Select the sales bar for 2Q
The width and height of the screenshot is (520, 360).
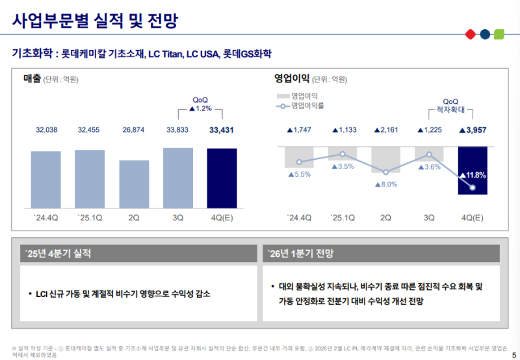click(134, 183)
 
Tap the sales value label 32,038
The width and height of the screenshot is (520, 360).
click(47, 130)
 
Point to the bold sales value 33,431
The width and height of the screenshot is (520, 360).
click(222, 130)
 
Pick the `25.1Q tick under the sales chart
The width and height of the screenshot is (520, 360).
click(90, 217)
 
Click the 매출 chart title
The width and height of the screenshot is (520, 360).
click(32, 79)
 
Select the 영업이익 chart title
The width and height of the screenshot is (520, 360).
click(292, 79)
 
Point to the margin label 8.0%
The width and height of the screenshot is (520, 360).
click(386, 185)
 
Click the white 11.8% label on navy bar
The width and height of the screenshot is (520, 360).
click(473, 175)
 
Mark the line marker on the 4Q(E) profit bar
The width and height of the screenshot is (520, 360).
click(473, 188)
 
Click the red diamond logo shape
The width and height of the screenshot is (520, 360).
click(469, 34)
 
